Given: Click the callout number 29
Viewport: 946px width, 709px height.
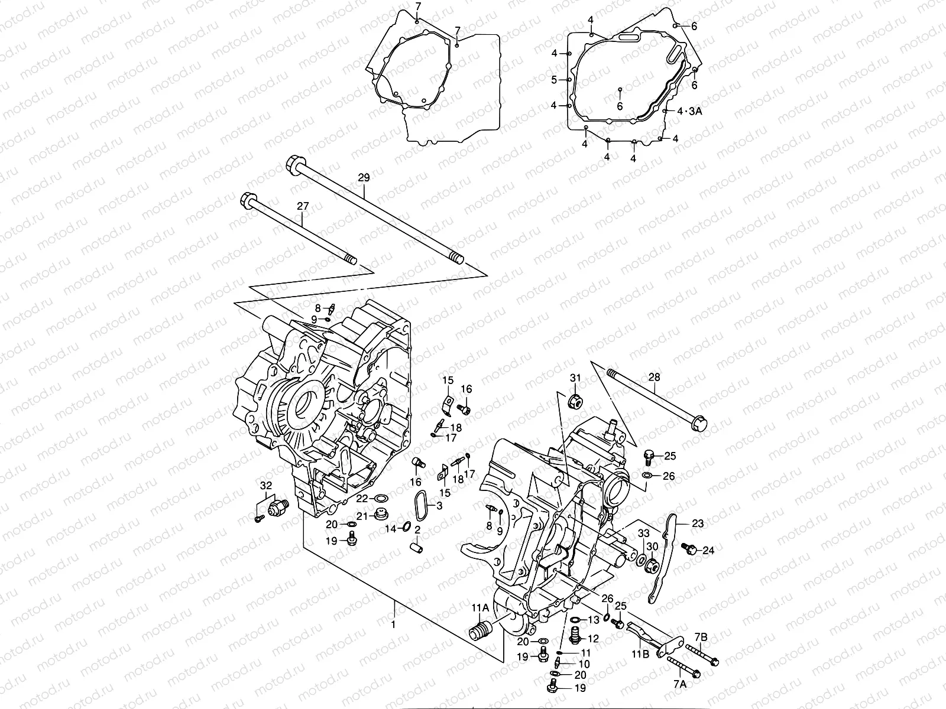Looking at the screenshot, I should pyautogui.click(x=364, y=177).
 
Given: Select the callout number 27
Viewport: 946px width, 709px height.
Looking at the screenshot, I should pyautogui.click(x=303, y=206).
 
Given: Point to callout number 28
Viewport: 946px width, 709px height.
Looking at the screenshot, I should pyautogui.click(x=654, y=377).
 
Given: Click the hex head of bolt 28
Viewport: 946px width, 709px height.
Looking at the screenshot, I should pyautogui.click(x=699, y=423).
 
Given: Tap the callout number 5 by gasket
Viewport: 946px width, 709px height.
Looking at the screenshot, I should pyautogui.click(x=555, y=80).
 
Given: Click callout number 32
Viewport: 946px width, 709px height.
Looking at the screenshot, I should pyautogui.click(x=266, y=486).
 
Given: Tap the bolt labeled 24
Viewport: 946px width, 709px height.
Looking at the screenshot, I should pyautogui.click(x=689, y=549).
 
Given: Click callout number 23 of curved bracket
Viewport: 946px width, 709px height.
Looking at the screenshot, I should pyautogui.click(x=698, y=523).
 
